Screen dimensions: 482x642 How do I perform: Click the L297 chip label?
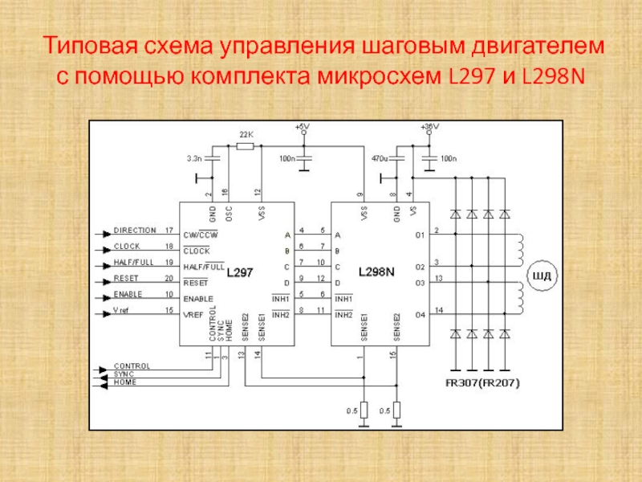click(x=240, y=272)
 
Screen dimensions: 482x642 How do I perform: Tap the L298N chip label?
click(x=376, y=272)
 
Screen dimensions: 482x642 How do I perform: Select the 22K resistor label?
click(x=246, y=134)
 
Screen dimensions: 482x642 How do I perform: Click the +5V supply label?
click(x=302, y=127)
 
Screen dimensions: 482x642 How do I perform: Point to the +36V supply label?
click(x=429, y=127)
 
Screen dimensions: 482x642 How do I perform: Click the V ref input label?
click(x=124, y=309)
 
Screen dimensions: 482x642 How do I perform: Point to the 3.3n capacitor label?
click(x=194, y=158)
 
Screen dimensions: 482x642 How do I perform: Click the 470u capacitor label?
click(x=380, y=158)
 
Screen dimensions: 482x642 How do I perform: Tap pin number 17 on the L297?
click(x=169, y=231)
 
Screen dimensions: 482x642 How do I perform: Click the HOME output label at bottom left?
click(x=124, y=382)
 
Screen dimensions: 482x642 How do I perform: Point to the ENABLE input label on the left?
click(x=128, y=293)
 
